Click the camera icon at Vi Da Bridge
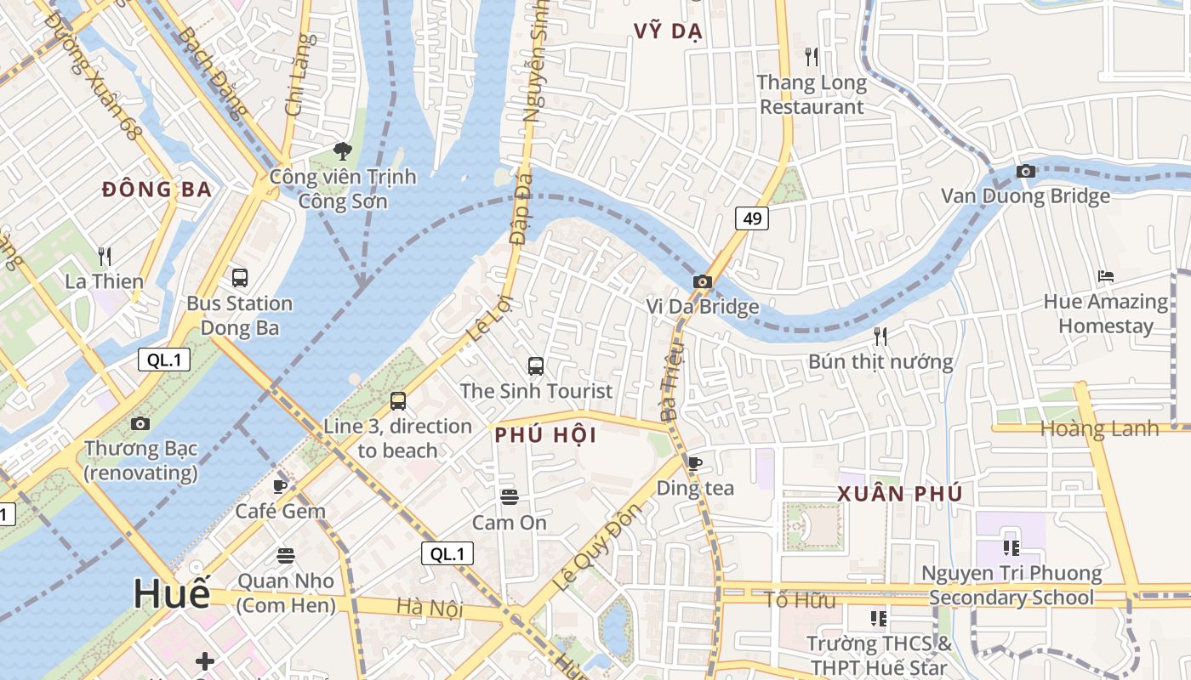coord(702,281)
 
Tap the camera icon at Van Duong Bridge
coord(1026,171)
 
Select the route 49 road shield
coord(752,218)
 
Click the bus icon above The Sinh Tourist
coord(536,366)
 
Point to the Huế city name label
coord(171,593)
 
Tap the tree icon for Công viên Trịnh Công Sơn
coord(343,151)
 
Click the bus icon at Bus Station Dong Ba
coord(240,278)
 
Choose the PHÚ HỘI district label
coord(545,436)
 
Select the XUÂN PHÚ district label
coord(900,494)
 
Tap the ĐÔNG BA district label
coord(157,190)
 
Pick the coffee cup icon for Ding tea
coord(695,463)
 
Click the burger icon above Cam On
coord(510,496)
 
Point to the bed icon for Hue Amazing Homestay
coord(1106,276)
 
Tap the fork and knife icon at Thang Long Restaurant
coord(812,57)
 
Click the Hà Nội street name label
coord(430,608)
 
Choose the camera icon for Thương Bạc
coord(140,423)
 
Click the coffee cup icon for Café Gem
coord(280,486)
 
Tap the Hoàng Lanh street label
coord(1099,429)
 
